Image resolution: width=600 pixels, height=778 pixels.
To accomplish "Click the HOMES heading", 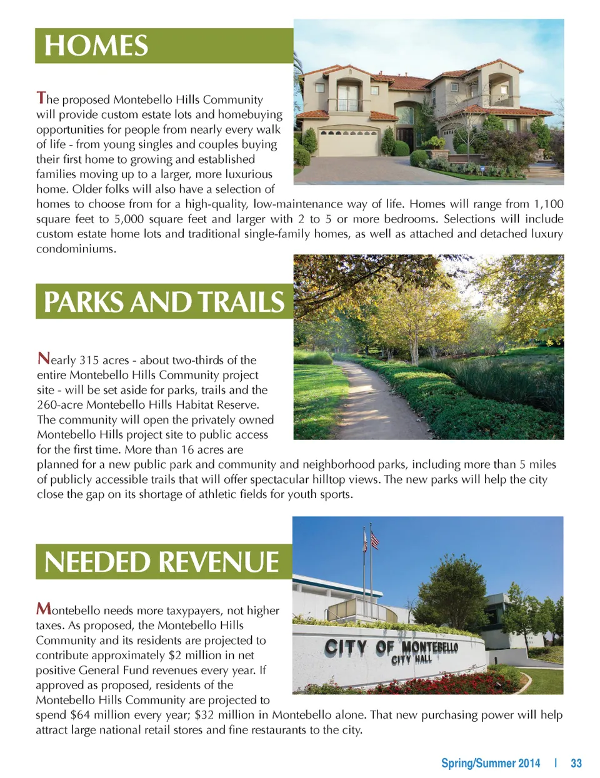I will [96, 46].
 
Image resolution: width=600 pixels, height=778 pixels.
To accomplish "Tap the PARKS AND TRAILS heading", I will [164, 302].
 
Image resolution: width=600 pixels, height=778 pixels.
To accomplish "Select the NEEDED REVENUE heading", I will [162, 562].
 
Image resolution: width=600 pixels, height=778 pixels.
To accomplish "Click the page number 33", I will [576, 763].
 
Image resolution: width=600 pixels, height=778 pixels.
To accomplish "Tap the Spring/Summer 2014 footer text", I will [490, 763].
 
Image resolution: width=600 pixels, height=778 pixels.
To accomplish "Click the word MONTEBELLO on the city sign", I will [429, 647].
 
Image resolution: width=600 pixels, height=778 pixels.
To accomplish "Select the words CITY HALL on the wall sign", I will [411, 660].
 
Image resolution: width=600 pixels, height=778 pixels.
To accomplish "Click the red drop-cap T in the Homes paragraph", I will [41, 97].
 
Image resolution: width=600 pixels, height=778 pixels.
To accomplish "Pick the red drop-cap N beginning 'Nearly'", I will [43, 358].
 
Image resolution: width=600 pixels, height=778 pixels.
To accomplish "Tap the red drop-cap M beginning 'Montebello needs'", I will [44, 608].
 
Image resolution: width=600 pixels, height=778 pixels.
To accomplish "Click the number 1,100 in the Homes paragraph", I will [548, 204].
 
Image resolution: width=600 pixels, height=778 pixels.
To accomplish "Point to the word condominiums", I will [76, 249].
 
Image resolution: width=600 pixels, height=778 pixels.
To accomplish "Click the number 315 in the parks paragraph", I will [89, 361].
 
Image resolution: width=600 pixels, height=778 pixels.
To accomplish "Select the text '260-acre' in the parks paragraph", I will [59, 405].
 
